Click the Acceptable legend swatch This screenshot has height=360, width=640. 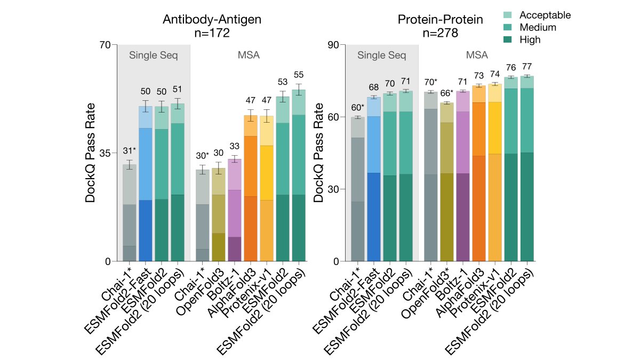click(x=507, y=15)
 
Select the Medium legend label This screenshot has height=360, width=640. click(x=538, y=27)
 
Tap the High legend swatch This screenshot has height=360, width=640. click(x=507, y=39)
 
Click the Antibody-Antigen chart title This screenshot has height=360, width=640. click(x=212, y=20)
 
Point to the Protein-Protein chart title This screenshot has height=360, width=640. click(x=441, y=20)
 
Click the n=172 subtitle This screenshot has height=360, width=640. click(x=212, y=33)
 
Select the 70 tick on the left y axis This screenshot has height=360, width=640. click(x=105, y=45)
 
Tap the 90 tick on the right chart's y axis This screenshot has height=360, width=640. click(x=333, y=45)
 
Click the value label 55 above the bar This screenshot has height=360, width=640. click(x=299, y=75)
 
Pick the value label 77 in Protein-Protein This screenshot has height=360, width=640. click(x=527, y=67)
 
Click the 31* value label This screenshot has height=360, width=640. click(x=130, y=150)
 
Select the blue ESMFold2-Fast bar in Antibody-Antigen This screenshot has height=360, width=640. click(x=146, y=183)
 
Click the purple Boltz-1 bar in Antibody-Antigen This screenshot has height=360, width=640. click(x=235, y=210)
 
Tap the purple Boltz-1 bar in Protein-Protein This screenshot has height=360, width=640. click(x=463, y=176)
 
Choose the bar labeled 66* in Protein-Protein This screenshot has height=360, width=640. click(x=447, y=182)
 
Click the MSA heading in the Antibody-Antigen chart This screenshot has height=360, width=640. click(x=249, y=55)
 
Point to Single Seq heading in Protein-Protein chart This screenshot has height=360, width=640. click(x=382, y=55)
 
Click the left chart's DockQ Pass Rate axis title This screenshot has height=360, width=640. click(x=90, y=153)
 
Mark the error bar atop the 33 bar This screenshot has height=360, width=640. click(x=235, y=159)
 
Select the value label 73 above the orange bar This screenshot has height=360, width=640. click(x=479, y=76)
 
